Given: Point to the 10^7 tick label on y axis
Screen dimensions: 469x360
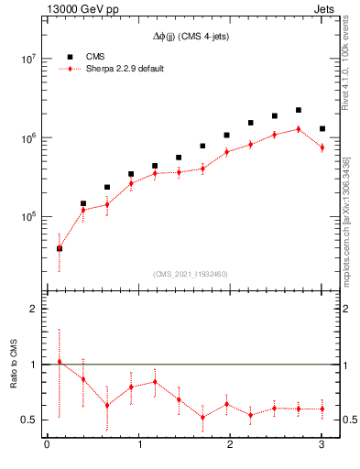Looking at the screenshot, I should [27, 59].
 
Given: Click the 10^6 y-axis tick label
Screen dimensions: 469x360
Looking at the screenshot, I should [27, 137].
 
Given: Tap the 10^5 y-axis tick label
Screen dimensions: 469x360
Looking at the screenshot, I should [27, 217].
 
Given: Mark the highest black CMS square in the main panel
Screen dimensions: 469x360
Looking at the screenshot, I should [299, 110].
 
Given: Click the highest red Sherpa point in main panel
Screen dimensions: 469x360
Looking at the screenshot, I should [299, 129].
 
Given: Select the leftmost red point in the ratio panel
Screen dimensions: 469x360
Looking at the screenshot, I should [60, 362].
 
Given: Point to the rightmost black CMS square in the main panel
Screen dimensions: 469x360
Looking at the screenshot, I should [322, 129].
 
